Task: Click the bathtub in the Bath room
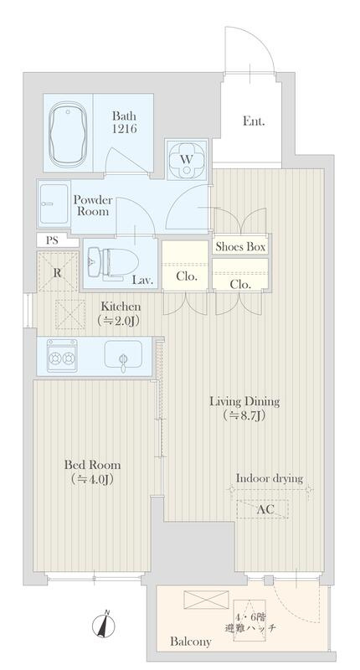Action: coord(67,133)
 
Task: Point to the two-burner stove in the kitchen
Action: coord(62,355)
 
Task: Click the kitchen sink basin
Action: coord(123,354)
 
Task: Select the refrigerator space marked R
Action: coord(58,271)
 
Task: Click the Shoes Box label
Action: coord(240,246)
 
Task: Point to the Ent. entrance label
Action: coord(254,121)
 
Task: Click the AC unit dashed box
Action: coord(262,509)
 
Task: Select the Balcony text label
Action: coord(190,642)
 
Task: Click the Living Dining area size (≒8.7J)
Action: coord(244,415)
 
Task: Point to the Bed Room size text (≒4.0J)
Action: coord(92,480)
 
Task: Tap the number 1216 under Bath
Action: coord(124,129)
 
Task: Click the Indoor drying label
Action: coord(270,478)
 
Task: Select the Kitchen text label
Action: coord(121,307)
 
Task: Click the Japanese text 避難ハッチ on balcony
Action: coord(250,628)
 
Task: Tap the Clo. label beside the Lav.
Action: coord(187,276)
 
